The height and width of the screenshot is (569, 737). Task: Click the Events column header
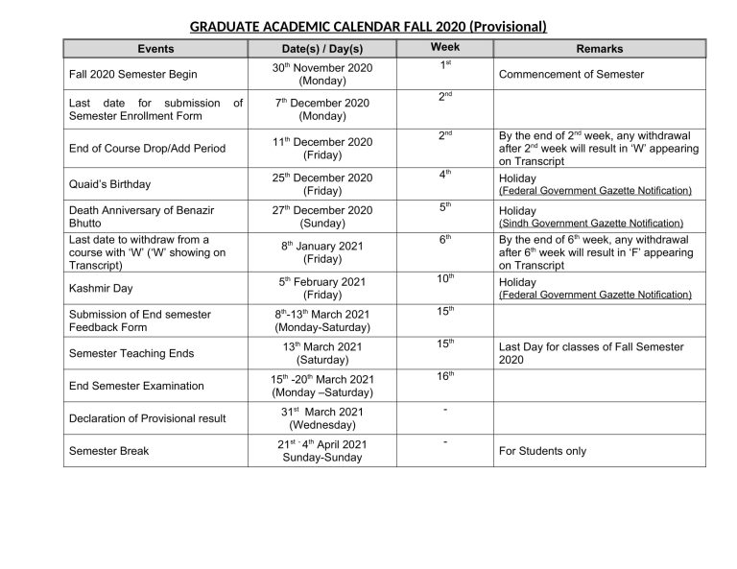pos(155,48)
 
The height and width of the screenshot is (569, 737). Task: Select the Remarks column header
pos(599,48)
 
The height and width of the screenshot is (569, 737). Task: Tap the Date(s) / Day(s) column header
pos(322,48)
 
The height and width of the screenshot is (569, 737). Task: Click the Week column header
pos(445,47)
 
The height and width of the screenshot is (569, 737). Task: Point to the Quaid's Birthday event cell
pos(109,183)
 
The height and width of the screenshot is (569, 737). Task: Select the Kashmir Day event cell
pos(101,288)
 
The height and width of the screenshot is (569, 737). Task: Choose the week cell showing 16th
pos(445,376)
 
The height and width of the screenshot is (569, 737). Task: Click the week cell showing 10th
pos(445,278)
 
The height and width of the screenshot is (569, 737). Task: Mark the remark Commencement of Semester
pos(571,74)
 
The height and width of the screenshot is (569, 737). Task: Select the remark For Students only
pos(542,451)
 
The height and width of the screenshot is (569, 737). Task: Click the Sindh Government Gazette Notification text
pos(591,223)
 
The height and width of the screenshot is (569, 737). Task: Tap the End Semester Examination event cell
pos(136,386)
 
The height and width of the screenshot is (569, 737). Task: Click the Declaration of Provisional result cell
pos(148,418)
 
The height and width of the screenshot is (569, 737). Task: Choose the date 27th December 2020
pos(322,210)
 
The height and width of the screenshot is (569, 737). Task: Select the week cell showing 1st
pos(445,65)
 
